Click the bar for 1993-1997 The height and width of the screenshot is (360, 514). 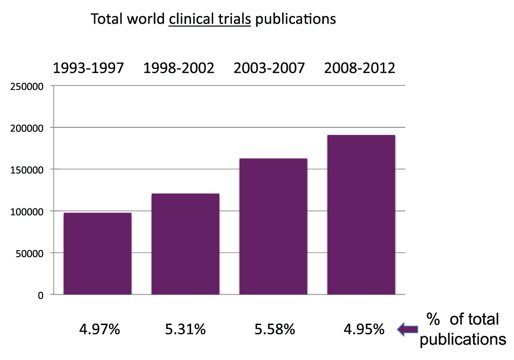(x=97, y=253)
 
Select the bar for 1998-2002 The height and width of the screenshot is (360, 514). (x=185, y=244)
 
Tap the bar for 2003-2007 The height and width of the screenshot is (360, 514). (x=273, y=226)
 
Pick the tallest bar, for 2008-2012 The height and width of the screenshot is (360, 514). (x=361, y=215)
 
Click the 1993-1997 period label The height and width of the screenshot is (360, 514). (x=88, y=68)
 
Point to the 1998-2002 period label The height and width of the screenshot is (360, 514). (x=179, y=68)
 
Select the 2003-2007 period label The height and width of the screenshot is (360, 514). (x=269, y=68)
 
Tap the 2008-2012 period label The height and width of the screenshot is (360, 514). (x=360, y=68)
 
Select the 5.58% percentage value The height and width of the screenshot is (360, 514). (x=273, y=329)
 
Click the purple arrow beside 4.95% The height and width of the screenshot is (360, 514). (x=408, y=329)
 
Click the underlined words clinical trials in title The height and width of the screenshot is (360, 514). (x=210, y=20)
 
